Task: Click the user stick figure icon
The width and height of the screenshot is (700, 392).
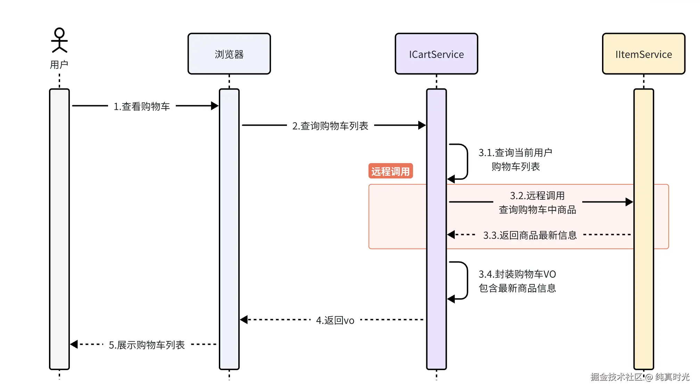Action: click(x=59, y=40)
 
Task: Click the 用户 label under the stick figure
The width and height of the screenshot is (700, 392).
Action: click(x=59, y=65)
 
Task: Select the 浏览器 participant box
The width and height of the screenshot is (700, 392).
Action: click(x=229, y=54)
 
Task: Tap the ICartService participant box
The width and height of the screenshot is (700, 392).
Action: click(x=436, y=54)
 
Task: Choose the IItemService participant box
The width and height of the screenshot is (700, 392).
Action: click(x=643, y=54)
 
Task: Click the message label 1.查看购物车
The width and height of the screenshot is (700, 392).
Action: click(x=142, y=106)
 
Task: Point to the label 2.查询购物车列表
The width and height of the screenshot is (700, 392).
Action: click(x=330, y=126)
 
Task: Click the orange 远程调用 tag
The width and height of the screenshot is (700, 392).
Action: click(x=390, y=171)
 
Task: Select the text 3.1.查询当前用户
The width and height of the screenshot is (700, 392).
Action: click(x=515, y=152)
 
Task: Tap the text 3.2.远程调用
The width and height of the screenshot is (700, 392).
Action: click(x=537, y=195)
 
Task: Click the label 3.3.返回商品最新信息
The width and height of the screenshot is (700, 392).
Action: click(x=530, y=235)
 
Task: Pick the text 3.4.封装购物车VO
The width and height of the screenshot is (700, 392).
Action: click(x=517, y=274)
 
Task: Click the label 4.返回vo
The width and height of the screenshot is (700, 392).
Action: click(x=335, y=320)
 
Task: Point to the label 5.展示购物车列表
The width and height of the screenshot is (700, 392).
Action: click(x=147, y=345)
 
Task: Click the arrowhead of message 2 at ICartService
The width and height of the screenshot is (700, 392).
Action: click(x=422, y=125)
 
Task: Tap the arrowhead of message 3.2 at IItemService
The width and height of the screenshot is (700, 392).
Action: click(x=629, y=202)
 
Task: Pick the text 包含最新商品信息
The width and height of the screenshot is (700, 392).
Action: click(x=517, y=288)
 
